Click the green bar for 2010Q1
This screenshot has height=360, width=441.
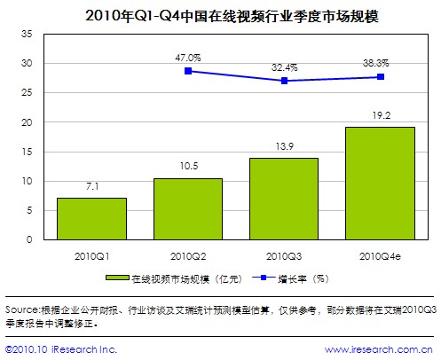coord(91,218)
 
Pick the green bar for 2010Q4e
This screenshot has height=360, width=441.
coord(380,183)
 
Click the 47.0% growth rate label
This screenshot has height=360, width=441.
coord(187,57)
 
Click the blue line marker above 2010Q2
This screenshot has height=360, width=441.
coord(188,71)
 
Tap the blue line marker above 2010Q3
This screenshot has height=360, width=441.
coord(284,81)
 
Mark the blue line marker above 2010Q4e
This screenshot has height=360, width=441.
coord(381,77)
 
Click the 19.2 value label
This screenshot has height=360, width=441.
coord(381,115)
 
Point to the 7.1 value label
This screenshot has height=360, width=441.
coord(91,186)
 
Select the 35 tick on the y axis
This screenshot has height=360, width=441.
coord(26,34)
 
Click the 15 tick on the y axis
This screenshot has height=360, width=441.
coord(26,152)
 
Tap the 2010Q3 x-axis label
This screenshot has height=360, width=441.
coord(284,255)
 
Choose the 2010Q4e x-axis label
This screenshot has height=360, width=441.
coord(381,255)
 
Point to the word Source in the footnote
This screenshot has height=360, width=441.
coord(21,309)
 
